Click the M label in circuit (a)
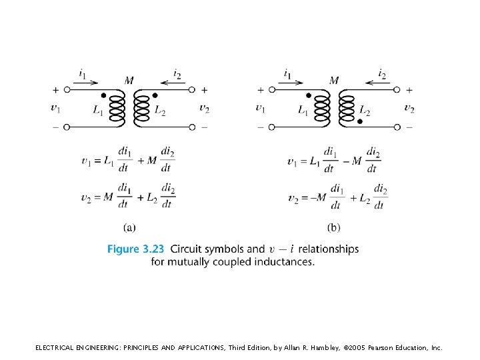[x=129, y=81]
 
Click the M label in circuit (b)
[x=334, y=81]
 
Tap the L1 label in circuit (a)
[x=98, y=111]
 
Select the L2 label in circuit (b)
[x=365, y=111]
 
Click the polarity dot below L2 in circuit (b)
[x=360, y=121]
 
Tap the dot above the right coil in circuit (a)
[x=156, y=95]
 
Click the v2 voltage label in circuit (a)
[x=204, y=109]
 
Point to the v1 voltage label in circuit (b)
[x=260, y=109]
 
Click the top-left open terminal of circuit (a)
[x=66, y=90]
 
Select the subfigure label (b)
[x=333, y=228]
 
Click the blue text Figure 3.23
[x=135, y=249]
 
